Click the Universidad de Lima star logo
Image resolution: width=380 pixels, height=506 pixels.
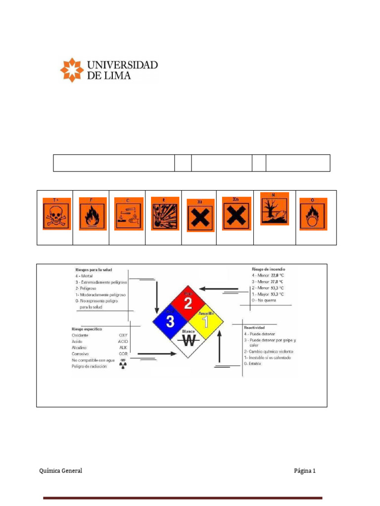72,70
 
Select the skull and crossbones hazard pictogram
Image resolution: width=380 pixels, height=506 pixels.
57,214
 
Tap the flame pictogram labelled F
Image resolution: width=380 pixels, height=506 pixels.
92,214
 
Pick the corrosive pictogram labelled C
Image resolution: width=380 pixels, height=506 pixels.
129,214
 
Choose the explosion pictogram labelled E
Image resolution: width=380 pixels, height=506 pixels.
165,214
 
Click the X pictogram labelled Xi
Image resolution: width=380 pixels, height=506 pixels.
200,215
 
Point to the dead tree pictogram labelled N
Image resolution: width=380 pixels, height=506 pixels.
275,209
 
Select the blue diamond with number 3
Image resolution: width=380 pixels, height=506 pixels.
170,322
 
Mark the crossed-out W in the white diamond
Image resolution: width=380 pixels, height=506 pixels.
188,340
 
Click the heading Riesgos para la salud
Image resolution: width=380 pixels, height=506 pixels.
94,270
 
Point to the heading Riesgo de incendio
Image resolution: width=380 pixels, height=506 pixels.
268,269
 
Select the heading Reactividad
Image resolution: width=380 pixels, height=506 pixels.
254,327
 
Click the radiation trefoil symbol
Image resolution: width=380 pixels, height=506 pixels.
123,366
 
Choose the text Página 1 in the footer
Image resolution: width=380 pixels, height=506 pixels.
304,471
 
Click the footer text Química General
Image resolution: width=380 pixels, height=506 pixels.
61,471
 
